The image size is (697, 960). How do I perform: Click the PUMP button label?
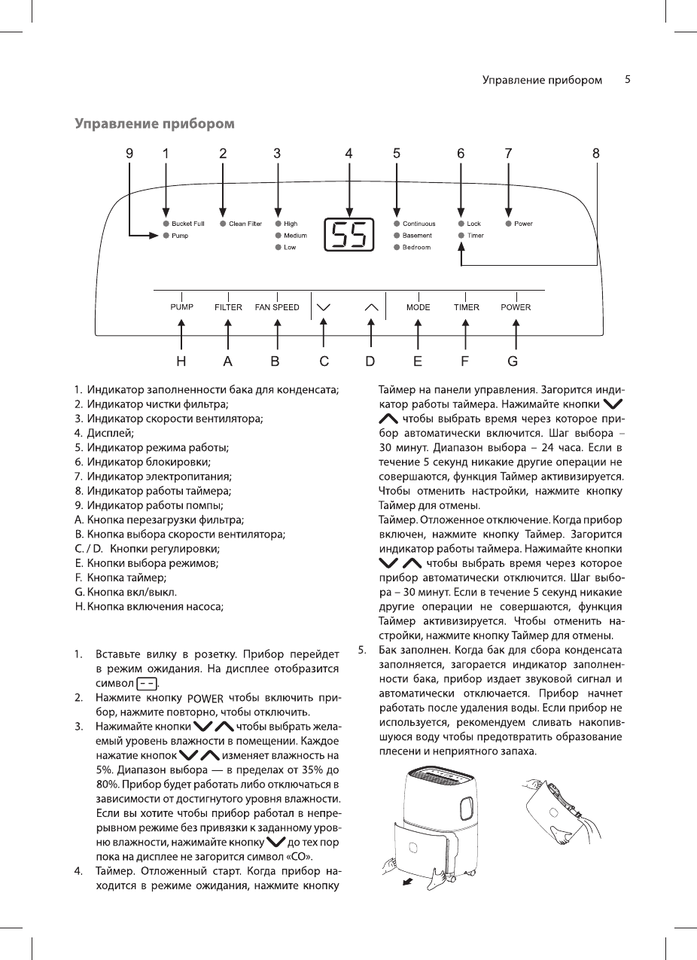[x=181, y=307]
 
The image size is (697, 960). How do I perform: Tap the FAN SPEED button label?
[x=277, y=307]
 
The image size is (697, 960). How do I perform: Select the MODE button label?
[x=419, y=307]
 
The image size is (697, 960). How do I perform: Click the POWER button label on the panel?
[x=516, y=307]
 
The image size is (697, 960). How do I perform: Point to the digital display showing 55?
[x=348, y=236]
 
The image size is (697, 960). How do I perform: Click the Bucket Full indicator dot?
[x=166, y=224]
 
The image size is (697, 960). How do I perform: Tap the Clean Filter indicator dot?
[x=223, y=224]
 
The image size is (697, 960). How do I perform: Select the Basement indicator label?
[x=416, y=236]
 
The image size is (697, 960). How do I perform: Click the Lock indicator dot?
[x=461, y=224]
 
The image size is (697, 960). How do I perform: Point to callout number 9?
[x=129, y=153]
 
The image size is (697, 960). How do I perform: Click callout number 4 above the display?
[x=348, y=153]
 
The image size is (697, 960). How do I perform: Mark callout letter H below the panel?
[x=181, y=361]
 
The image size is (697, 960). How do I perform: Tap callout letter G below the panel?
[x=513, y=361]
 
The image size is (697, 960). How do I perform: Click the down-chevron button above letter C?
[x=324, y=307]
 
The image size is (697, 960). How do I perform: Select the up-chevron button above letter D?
[x=370, y=307]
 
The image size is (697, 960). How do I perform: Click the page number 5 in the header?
[x=627, y=79]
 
